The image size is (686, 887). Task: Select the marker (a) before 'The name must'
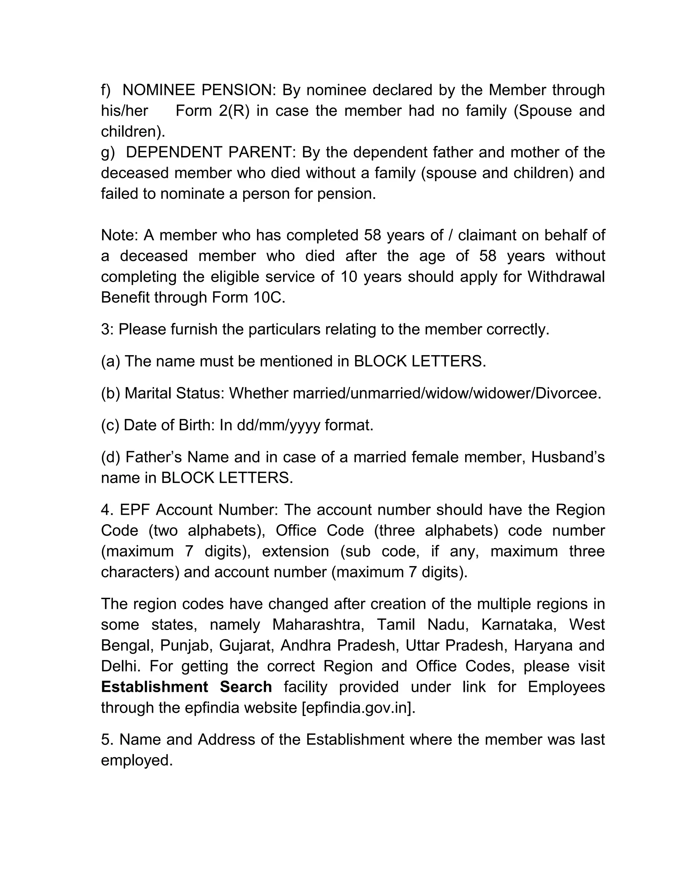pyautogui.click(x=111, y=361)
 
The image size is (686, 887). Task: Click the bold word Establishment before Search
pyautogui.click(x=154, y=687)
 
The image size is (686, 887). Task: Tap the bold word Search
pyautogui.click(x=246, y=687)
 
